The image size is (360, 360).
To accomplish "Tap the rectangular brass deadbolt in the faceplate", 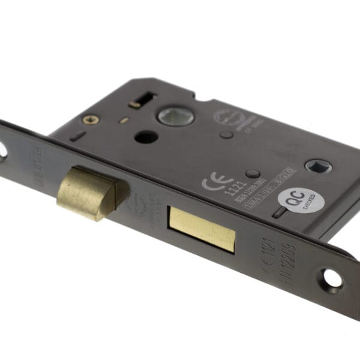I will tap(201, 229).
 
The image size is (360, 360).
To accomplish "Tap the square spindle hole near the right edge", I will tap(316, 166).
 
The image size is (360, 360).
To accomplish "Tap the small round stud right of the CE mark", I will tap(254, 175).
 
